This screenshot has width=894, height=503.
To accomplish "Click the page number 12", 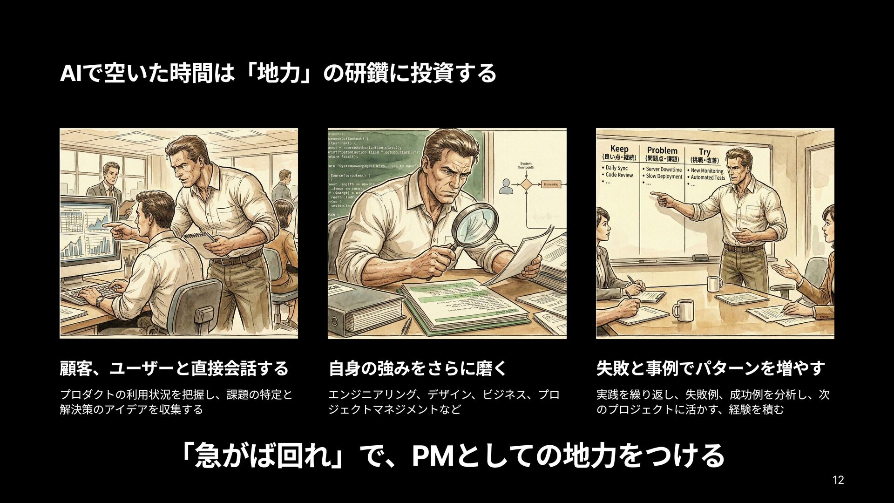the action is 838,480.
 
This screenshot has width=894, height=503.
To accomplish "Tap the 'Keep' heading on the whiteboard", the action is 619,149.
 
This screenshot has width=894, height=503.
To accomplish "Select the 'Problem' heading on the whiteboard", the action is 662,150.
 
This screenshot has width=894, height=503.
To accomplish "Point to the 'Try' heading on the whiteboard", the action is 704,152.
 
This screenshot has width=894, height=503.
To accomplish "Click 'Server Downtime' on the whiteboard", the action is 664,170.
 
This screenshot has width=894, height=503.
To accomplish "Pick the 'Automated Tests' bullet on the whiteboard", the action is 708,177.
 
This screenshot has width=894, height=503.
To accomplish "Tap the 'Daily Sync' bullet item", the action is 616,168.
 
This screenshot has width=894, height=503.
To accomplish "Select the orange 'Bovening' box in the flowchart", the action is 551,184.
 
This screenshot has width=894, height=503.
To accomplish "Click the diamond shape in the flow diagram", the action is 526,184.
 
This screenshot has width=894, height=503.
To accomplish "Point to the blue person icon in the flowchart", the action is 505,187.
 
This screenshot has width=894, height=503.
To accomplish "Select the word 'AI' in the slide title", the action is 70,74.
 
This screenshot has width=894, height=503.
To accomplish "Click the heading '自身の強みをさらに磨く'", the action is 417,368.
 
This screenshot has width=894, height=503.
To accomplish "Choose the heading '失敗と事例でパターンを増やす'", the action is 710,368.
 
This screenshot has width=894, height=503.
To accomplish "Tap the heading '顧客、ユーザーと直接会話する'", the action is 174,368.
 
